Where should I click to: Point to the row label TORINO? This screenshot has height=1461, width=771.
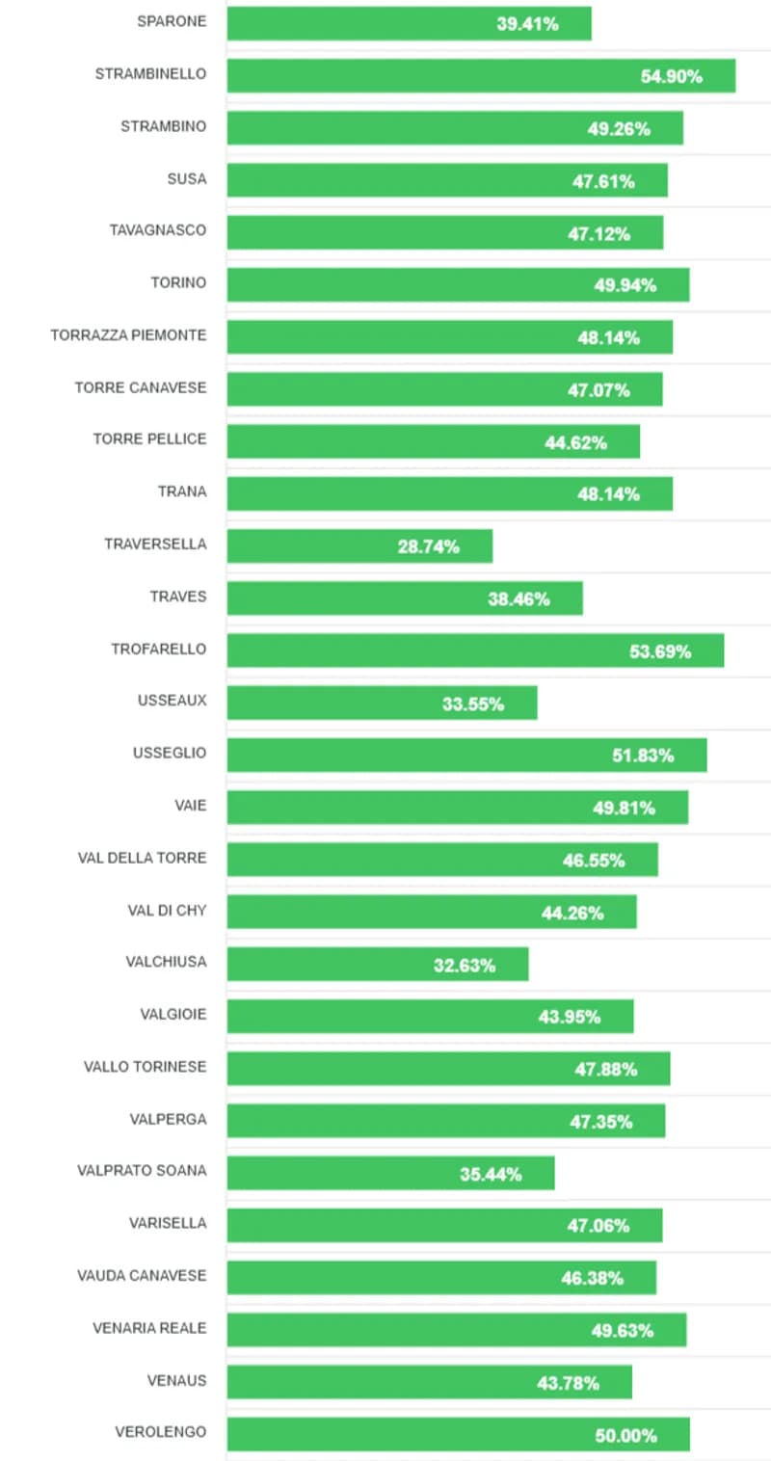178,283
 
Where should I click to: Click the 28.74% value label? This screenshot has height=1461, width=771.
428,546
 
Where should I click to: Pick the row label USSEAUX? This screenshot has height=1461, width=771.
172,701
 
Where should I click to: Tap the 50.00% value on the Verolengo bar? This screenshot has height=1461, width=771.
625,1435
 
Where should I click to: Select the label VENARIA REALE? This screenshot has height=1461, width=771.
149,1328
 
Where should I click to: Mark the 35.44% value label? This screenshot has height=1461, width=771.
491,1174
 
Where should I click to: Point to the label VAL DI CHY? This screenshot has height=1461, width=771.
167,910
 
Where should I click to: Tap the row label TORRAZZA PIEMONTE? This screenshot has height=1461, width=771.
128,335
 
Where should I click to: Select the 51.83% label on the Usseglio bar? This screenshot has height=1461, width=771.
643,756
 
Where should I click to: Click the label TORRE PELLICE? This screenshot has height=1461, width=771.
149,439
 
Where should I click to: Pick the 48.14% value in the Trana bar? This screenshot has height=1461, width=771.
609,494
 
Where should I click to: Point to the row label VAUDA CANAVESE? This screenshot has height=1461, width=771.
142,1276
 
